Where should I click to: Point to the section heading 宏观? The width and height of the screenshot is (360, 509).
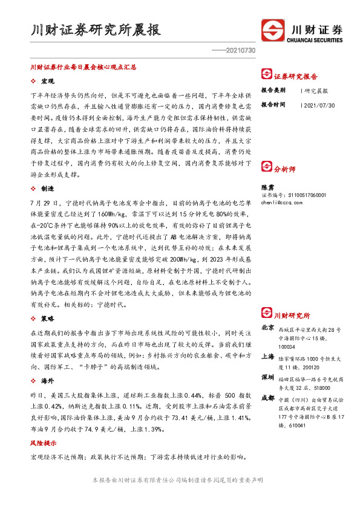click(x=48, y=81)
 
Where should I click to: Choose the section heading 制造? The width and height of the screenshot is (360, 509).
click(x=48, y=188)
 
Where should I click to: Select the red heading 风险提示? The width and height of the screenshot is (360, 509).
click(x=42, y=443)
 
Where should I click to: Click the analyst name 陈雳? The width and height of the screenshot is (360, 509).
click(x=267, y=188)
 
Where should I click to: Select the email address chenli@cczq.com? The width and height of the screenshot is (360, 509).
click(x=284, y=203)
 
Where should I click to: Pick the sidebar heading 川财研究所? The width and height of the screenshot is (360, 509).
click(x=292, y=316)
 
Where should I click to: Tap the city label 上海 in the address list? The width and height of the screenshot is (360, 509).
click(x=267, y=357)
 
